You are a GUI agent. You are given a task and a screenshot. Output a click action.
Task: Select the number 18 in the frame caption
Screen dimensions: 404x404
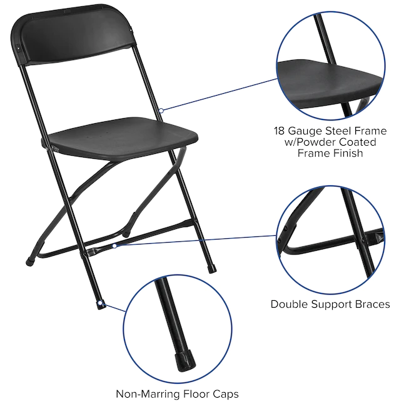pyautogui.click(x=279, y=131)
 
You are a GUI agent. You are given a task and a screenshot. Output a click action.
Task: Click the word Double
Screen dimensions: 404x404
pyautogui.click(x=290, y=305)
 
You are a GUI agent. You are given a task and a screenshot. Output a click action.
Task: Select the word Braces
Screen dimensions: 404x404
pyautogui.click(x=373, y=305)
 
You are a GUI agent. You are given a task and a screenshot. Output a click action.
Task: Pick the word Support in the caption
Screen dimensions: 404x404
pyautogui.click(x=332, y=305)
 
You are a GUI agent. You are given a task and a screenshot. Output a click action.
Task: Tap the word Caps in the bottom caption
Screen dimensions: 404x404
pyautogui.click(x=226, y=395)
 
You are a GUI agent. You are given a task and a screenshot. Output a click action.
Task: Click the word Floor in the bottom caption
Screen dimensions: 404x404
pyautogui.click(x=196, y=394)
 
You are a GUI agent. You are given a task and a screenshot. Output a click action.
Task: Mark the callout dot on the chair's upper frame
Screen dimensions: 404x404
pyautogui.click(x=161, y=111)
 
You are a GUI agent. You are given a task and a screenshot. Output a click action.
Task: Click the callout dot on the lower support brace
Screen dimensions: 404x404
pyautogui.click(x=114, y=246)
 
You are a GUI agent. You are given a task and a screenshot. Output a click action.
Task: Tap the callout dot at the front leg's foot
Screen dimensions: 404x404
pyautogui.click(x=101, y=303)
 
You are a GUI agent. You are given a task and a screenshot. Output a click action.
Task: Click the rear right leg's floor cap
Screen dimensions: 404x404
pyautogui.click(x=212, y=270)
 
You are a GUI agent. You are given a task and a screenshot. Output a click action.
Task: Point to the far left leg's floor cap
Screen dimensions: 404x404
pyautogui.click(x=30, y=262)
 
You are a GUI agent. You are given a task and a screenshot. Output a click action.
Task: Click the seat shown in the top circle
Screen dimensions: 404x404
pyautogui.click(x=330, y=83)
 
